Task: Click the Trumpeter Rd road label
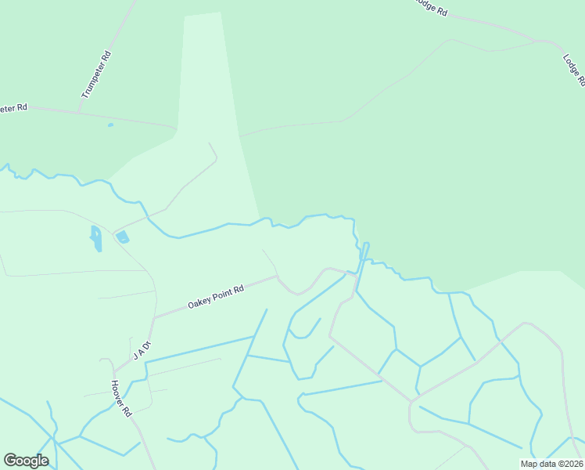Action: pos(95,74)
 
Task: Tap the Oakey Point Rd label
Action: pos(216,295)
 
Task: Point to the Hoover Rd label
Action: pos(120,398)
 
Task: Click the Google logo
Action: pos(26,461)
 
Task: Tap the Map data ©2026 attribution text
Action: pos(551,464)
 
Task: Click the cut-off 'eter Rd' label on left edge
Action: pos(14,107)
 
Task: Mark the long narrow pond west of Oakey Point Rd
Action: pos(96,238)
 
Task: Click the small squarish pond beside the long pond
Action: pos(123,237)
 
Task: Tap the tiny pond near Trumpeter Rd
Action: pos(110,125)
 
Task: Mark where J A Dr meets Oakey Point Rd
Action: pos(156,318)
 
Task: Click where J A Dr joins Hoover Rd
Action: pos(115,371)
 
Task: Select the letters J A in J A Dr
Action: pos(138,353)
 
